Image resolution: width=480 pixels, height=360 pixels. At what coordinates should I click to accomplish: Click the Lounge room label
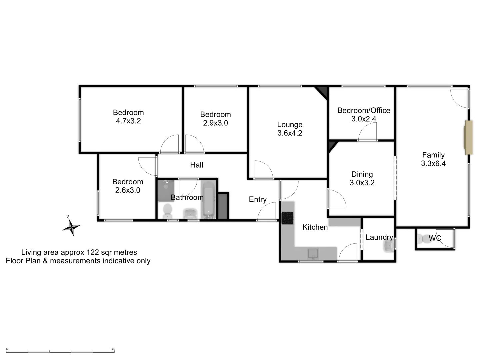(290, 125)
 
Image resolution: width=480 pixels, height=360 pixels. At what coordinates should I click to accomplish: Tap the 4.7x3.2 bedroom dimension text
(128, 121)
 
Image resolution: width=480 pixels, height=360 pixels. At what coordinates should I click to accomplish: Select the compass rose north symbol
(71, 227)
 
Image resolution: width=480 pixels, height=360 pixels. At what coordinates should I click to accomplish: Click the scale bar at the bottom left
(60, 351)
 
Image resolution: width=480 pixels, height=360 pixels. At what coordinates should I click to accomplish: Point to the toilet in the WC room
(422, 239)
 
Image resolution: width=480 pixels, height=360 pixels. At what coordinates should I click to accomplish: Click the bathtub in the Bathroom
(208, 199)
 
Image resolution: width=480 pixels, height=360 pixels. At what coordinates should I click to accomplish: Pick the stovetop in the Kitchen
(288, 218)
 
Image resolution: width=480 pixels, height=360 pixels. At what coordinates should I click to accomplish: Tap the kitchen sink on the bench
(312, 254)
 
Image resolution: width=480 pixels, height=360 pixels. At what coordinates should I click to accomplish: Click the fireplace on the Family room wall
(469, 137)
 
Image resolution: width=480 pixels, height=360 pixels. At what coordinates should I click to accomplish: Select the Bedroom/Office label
(364, 110)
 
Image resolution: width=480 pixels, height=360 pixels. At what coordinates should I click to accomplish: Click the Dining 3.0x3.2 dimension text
(362, 183)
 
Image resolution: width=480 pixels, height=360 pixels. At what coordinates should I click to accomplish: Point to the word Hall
(197, 165)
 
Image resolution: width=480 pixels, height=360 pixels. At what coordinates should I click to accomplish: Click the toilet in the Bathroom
(167, 211)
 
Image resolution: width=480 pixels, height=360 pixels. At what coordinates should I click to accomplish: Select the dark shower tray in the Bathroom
(166, 190)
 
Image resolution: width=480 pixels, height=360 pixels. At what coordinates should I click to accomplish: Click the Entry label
(258, 199)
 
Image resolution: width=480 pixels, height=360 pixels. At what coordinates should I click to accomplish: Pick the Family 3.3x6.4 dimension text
(433, 163)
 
